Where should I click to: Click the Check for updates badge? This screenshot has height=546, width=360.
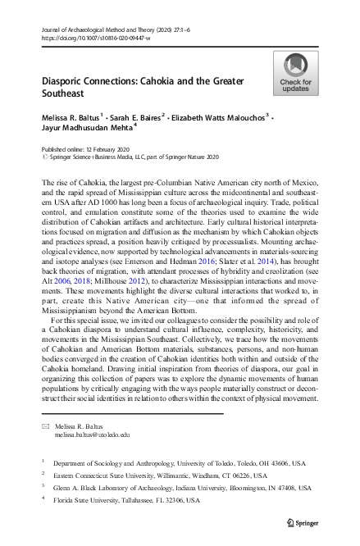coord(296,73)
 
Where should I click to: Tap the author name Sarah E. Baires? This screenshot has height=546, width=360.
coord(135,118)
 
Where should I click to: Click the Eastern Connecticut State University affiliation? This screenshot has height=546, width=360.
coord(156,475)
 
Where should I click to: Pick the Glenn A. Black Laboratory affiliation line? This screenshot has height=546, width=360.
coord(177,487)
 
